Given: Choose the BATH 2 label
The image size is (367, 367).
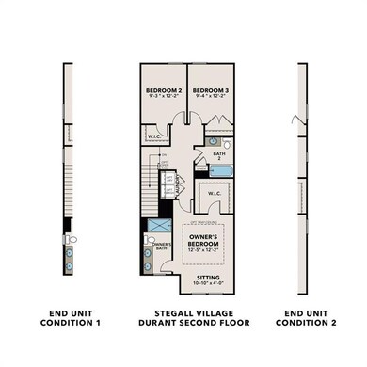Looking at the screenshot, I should [x=218, y=154].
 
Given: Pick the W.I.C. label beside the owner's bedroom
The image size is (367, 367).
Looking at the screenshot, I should [x=215, y=196].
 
